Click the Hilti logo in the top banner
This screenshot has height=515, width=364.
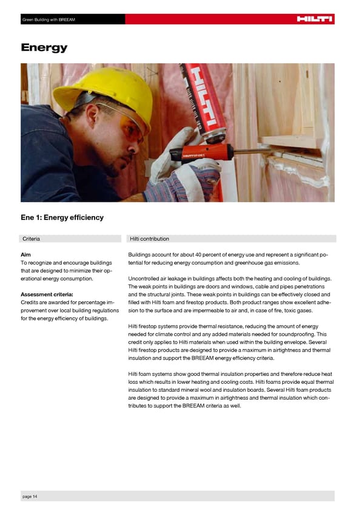314,19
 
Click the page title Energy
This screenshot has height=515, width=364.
44,47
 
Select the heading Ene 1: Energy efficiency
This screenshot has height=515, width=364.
62,217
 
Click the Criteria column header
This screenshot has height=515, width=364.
31,239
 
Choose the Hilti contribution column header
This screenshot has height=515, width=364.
149,239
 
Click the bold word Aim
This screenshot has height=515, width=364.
26,254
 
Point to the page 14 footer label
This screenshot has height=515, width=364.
30,497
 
